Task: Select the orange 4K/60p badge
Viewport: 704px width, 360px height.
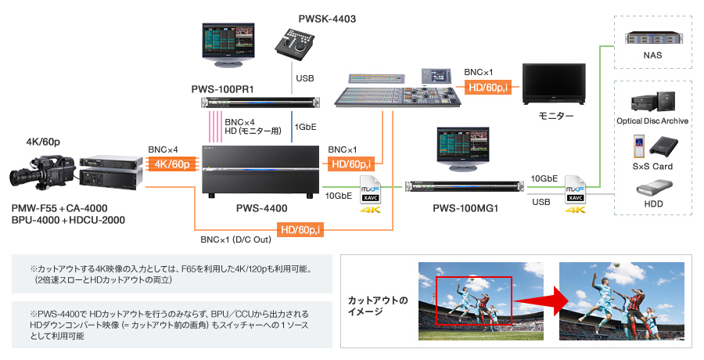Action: coord(171,164)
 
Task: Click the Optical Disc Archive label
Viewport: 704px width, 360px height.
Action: coord(652,121)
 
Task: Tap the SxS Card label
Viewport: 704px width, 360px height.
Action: coord(652,166)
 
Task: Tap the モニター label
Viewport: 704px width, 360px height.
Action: coord(556,116)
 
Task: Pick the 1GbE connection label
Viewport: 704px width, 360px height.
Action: coord(304,127)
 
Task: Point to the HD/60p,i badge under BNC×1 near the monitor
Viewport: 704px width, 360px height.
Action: coord(488,87)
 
